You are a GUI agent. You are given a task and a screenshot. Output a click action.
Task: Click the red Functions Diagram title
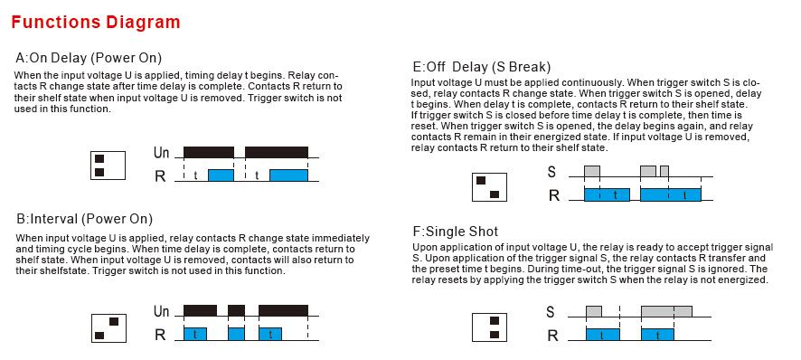[96, 23]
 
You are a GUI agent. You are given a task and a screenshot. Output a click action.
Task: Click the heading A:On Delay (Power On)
[89, 57]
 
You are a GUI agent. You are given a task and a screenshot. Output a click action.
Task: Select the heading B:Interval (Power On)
[84, 219]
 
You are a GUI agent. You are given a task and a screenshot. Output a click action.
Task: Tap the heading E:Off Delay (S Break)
[482, 67]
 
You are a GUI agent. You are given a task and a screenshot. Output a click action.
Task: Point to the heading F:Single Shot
[455, 232]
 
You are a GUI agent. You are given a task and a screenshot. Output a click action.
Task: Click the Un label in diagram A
[161, 152]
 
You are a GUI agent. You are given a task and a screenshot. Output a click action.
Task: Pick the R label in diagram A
[160, 175]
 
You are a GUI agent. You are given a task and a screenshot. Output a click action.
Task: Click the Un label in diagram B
[161, 311]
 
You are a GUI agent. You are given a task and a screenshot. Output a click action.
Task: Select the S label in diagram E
[551, 172]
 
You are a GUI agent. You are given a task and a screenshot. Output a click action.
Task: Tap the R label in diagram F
[552, 336]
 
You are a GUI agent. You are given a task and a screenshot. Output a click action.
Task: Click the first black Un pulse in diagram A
[209, 152]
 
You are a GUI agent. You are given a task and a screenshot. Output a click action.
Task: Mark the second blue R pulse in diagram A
[288, 175]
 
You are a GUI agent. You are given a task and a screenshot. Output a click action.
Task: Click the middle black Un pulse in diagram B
[236, 311]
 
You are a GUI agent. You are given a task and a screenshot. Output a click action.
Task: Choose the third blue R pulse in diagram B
[270, 334]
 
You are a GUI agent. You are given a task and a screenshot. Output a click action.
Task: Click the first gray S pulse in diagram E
[592, 171]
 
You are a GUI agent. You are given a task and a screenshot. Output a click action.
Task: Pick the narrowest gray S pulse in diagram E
[664, 171]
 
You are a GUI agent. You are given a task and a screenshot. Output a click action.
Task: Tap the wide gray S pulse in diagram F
[666, 311]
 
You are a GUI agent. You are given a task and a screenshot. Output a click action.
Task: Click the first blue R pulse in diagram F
[603, 335]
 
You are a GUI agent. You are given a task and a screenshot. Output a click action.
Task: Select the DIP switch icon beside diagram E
[489, 187]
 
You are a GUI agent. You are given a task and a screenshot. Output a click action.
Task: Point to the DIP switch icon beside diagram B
[108, 328]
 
